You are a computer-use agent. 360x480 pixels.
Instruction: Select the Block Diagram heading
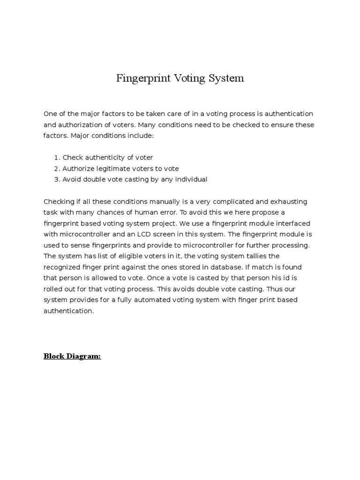72,356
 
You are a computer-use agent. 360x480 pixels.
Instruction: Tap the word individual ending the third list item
190,179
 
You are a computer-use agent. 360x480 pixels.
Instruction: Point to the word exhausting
288,202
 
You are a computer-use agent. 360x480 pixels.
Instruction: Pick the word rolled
53,289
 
